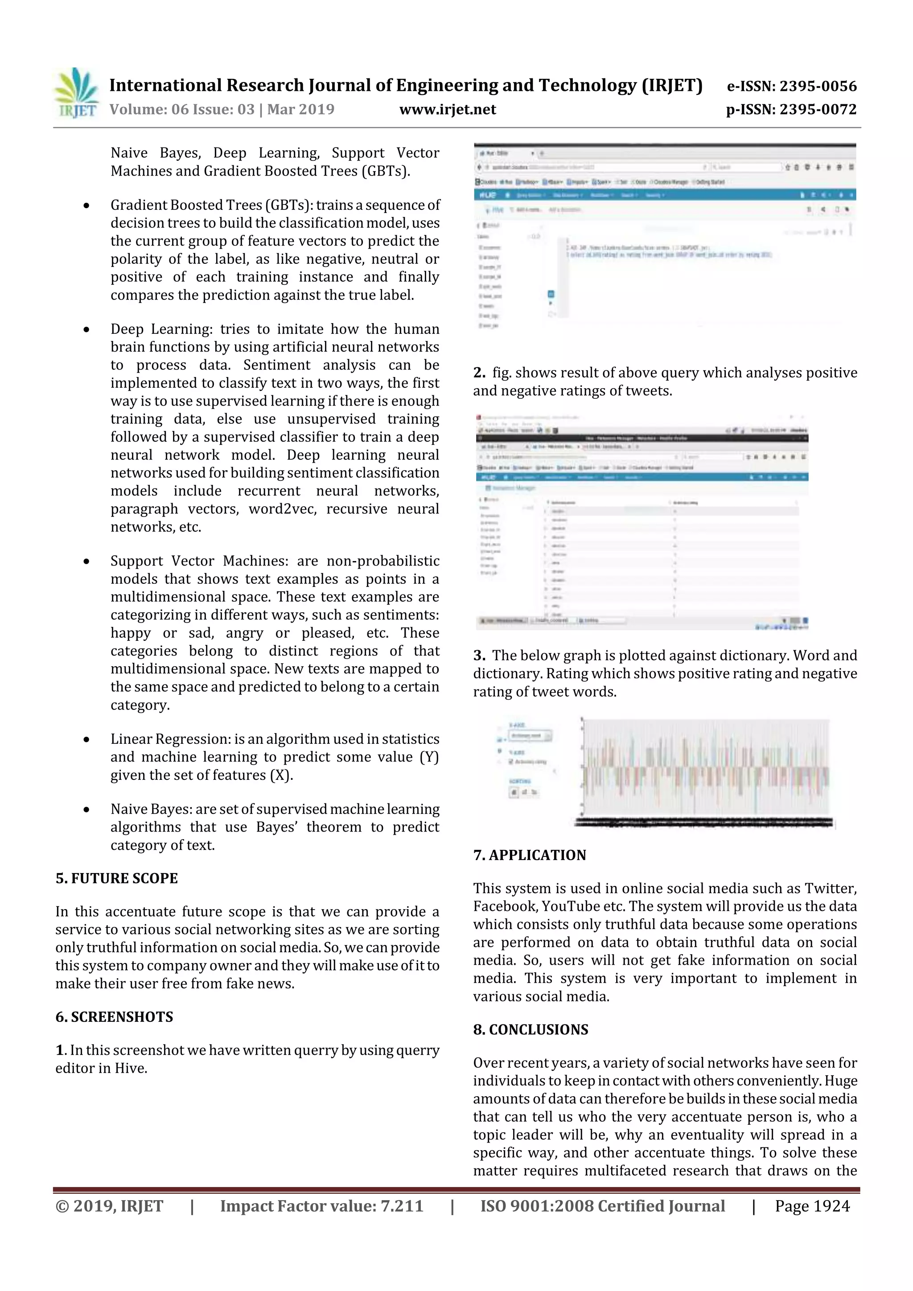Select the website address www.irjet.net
(x=447, y=110)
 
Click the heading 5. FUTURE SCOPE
(x=116, y=878)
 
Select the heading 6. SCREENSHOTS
(x=114, y=1016)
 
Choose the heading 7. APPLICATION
(x=529, y=855)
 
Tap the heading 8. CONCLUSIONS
(x=531, y=1029)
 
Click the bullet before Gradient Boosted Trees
(x=86, y=206)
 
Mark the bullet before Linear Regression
(x=86, y=740)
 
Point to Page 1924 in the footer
(x=812, y=1206)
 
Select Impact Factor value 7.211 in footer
(x=321, y=1206)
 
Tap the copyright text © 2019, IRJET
(x=109, y=1206)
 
